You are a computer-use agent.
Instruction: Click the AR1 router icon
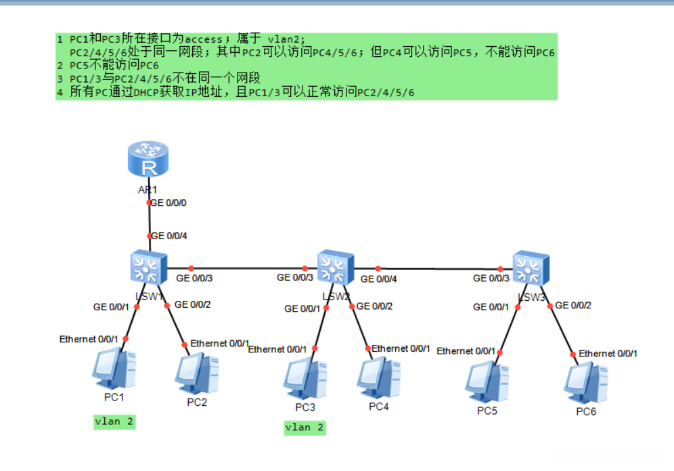[x=148, y=159]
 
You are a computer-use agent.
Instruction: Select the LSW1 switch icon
[x=149, y=267]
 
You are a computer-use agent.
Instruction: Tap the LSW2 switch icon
[x=336, y=267]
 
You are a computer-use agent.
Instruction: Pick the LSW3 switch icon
[x=531, y=268]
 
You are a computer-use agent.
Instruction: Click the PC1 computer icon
[x=114, y=369]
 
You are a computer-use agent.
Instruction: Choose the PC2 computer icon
[x=197, y=373]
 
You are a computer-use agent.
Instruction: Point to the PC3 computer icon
[x=305, y=379]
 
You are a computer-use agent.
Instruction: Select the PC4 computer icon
[x=379, y=378]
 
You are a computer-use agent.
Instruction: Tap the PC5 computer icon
[x=487, y=382]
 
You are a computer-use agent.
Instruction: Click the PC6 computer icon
[x=586, y=383]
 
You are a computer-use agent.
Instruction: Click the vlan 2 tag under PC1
[x=114, y=422]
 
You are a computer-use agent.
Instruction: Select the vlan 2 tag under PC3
[x=305, y=428]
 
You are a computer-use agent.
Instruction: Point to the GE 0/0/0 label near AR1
[x=168, y=203]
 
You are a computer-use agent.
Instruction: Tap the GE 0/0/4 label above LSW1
[x=169, y=236]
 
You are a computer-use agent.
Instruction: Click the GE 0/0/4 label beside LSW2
[x=379, y=279]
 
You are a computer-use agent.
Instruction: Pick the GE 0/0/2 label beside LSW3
[x=573, y=305]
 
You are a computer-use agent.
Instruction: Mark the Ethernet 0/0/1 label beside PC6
[x=608, y=354]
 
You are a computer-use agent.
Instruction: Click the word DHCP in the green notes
[x=146, y=92]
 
